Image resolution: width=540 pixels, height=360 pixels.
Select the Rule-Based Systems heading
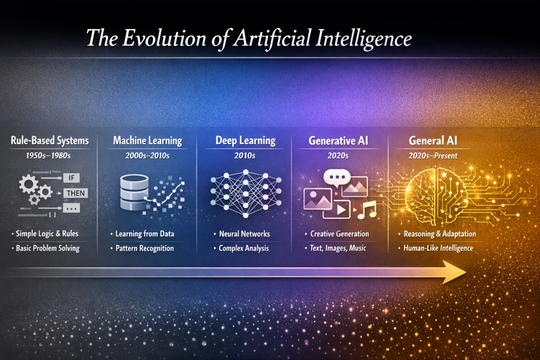click(50, 141)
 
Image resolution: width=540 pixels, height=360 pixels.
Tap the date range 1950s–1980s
click(49, 155)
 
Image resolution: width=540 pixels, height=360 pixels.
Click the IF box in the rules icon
click(75, 178)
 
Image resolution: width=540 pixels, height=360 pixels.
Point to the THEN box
click(76, 193)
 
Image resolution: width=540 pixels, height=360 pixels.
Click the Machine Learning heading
click(147, 141)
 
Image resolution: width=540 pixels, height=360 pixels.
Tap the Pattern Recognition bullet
click(144, 248)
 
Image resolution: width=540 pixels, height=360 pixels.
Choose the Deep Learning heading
click(245, 141)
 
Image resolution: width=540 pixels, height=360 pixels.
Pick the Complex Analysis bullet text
click(244, 248)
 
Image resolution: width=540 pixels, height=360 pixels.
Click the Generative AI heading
click(339, 141)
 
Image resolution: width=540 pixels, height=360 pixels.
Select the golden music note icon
click(367, 210)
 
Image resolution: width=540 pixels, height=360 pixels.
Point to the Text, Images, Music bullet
click(338, 248)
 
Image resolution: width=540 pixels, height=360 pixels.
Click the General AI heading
click(434, 141)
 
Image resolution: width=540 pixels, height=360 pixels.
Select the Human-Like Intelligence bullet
click(438, 248)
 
